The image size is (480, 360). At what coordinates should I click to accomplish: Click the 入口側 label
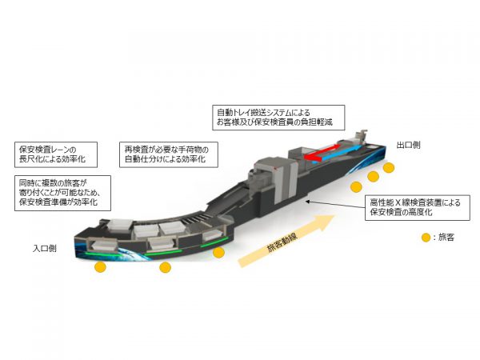[44, 248]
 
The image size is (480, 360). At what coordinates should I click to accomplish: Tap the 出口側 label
[408, 145]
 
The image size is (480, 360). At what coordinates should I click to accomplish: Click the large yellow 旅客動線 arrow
[286, 240]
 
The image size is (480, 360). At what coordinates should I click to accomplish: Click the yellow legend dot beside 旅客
[426, 238]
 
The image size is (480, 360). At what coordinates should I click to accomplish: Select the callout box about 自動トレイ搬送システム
[278, 118]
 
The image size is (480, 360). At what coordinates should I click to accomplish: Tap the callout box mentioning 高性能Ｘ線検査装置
[418, 207]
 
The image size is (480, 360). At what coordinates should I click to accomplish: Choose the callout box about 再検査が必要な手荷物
[169, 154]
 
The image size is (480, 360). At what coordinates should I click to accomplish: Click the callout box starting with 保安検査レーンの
[56, 154]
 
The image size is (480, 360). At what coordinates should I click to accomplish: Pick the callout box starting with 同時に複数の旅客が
[62, 193]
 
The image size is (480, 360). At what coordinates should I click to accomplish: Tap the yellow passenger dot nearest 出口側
[389, 168]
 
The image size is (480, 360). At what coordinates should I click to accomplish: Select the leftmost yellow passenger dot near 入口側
[101, 267]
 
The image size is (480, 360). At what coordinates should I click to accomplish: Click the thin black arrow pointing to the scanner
[335, 205]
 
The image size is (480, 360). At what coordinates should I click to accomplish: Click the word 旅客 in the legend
[446, 238]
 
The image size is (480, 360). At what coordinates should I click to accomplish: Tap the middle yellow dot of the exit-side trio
[373, 177]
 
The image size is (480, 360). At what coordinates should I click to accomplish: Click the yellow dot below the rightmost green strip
[219, 253]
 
